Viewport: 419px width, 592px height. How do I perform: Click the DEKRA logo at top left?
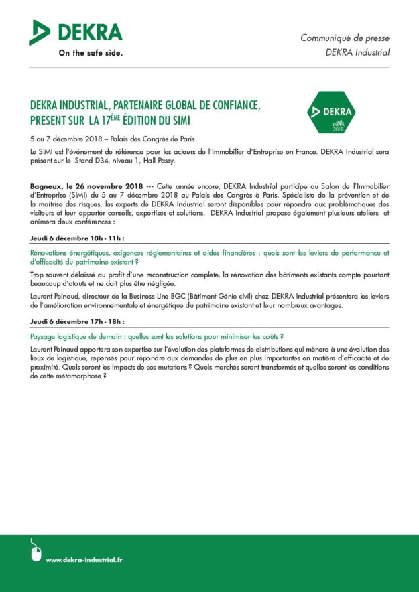[76, 32]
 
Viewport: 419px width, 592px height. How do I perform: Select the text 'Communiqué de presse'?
[345, 38]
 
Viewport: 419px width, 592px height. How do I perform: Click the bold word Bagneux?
[47, 184]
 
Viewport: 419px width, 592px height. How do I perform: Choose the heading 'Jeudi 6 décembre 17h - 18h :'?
[78, 321]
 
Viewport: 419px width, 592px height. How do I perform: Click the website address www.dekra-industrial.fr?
[84, 559]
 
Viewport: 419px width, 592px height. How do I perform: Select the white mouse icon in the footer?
[36, 550]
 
